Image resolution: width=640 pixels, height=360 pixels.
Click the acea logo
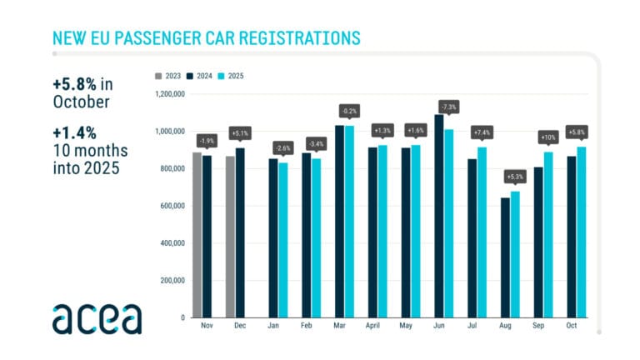click(97, 318)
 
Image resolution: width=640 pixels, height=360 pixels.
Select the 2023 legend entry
click(170, 76)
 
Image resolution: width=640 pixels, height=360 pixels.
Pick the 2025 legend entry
click(237, 76)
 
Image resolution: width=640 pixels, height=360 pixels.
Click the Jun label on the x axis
click(438, 327)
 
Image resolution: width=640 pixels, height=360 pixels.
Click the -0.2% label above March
click(349, 111)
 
